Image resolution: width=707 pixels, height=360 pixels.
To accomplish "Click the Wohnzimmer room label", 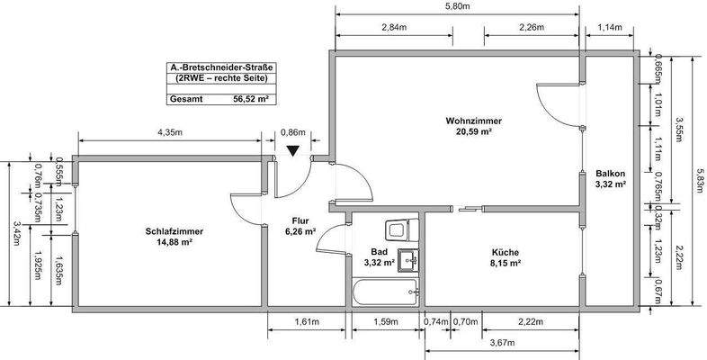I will pos(472,121).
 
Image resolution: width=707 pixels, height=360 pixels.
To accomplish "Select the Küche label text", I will pos(505,252).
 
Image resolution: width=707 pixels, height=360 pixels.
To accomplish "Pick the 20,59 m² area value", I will pos(473,131).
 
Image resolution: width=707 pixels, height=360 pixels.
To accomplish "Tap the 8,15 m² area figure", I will pos(505,263).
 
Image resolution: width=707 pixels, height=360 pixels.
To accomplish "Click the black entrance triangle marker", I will pos(292,151).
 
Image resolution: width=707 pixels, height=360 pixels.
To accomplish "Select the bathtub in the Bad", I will pos(386,291).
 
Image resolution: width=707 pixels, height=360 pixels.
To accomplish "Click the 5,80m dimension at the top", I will pos(457,6).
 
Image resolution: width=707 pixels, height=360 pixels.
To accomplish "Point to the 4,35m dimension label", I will pos(170,132).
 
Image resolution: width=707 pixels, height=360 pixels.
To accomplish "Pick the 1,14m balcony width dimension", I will pos(610,27).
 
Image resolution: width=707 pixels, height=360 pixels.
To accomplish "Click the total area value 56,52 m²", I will pos(251,100).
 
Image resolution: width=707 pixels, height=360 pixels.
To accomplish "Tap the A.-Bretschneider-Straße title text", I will pos(222,67).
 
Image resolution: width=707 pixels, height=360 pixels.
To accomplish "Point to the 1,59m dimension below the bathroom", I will pos(386,321).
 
